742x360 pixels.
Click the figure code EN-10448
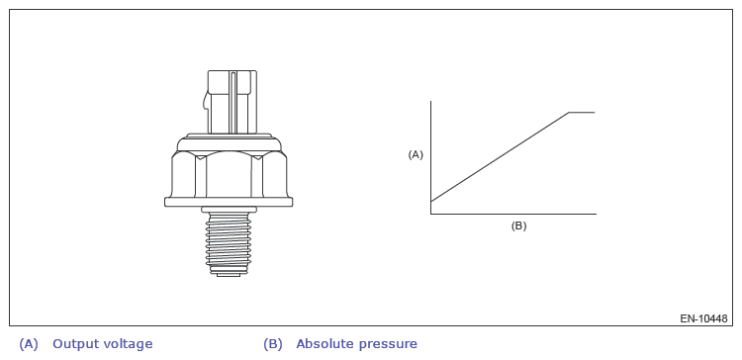703,318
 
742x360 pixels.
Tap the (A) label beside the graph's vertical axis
416,154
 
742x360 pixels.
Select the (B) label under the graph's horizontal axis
518,225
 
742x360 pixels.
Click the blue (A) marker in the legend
28,344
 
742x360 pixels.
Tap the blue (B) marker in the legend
273,344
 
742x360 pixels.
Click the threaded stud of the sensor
229,241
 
